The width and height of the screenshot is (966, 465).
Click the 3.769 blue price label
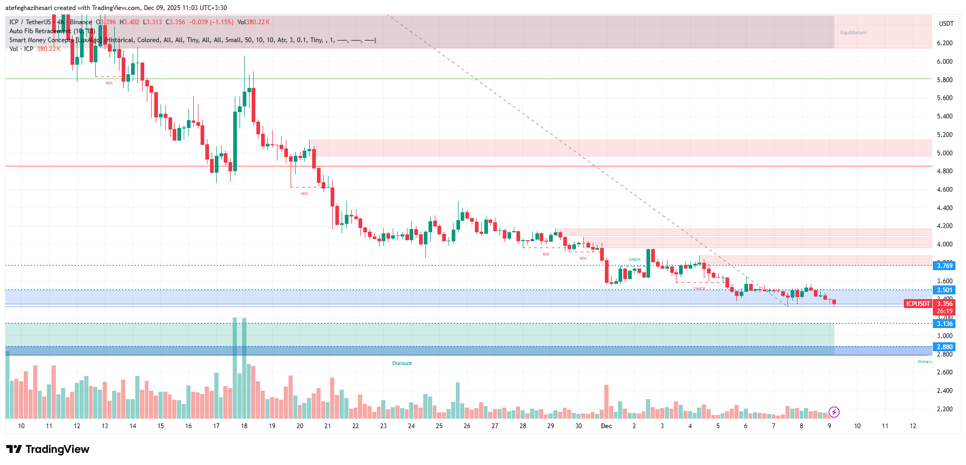point(944,266)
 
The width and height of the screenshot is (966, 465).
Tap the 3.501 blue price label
point(944,290)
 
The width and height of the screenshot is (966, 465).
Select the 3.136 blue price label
point(944,324)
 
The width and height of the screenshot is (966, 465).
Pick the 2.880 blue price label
point(944,347)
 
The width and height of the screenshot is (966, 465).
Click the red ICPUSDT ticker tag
point(918,304)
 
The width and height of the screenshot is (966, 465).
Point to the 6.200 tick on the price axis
point(944,43)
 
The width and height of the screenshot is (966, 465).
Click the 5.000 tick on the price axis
point(944,153)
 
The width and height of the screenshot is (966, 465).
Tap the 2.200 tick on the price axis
point(944,409)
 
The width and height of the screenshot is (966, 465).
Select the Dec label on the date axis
point(606,426)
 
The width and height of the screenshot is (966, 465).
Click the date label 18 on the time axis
point(244,426)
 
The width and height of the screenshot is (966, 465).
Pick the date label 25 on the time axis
point(439,426)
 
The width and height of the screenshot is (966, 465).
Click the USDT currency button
point(946,23)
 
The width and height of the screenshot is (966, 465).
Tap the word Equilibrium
point(853,33)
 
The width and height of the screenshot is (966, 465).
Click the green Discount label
point(402,363)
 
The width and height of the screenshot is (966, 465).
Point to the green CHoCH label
point(634,260)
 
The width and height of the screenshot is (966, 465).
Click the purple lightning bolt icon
point(834,412)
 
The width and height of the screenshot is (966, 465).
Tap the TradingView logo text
point(57,449)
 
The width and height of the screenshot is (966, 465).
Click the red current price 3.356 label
point(944,304)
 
